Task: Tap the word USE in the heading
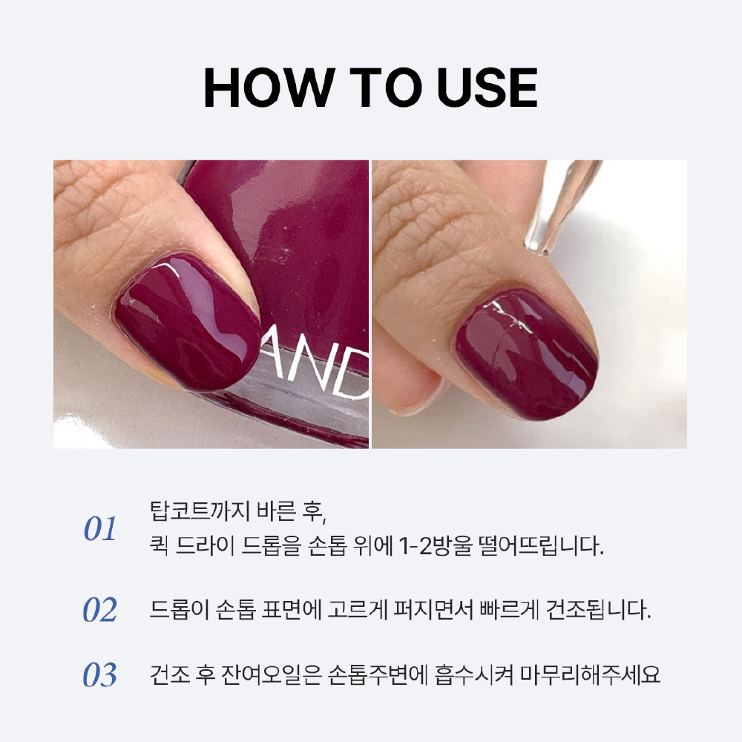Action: [x=488, y=88]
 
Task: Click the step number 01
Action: [x=100, y=528]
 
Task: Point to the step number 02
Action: [x=100, y=609]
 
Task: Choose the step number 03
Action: [x=100, y=674]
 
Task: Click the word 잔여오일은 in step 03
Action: [x=271, y=674]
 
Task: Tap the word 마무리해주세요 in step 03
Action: [x=591, y=674]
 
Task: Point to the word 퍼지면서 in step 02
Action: [x=433, y=609]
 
